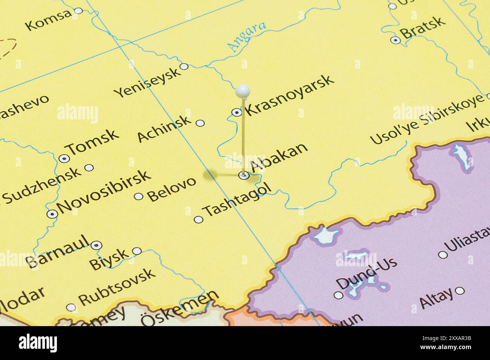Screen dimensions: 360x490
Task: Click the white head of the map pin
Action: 242,90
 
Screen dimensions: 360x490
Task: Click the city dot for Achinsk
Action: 201,123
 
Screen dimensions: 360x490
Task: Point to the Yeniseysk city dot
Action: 184,67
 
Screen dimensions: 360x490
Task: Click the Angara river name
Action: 247,37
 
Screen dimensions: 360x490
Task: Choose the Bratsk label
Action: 423,27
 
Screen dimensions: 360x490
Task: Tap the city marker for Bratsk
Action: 395,40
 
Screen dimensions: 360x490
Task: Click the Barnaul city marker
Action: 97,246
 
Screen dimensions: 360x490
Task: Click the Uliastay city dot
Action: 443,255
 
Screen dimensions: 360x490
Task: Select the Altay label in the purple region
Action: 436,298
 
